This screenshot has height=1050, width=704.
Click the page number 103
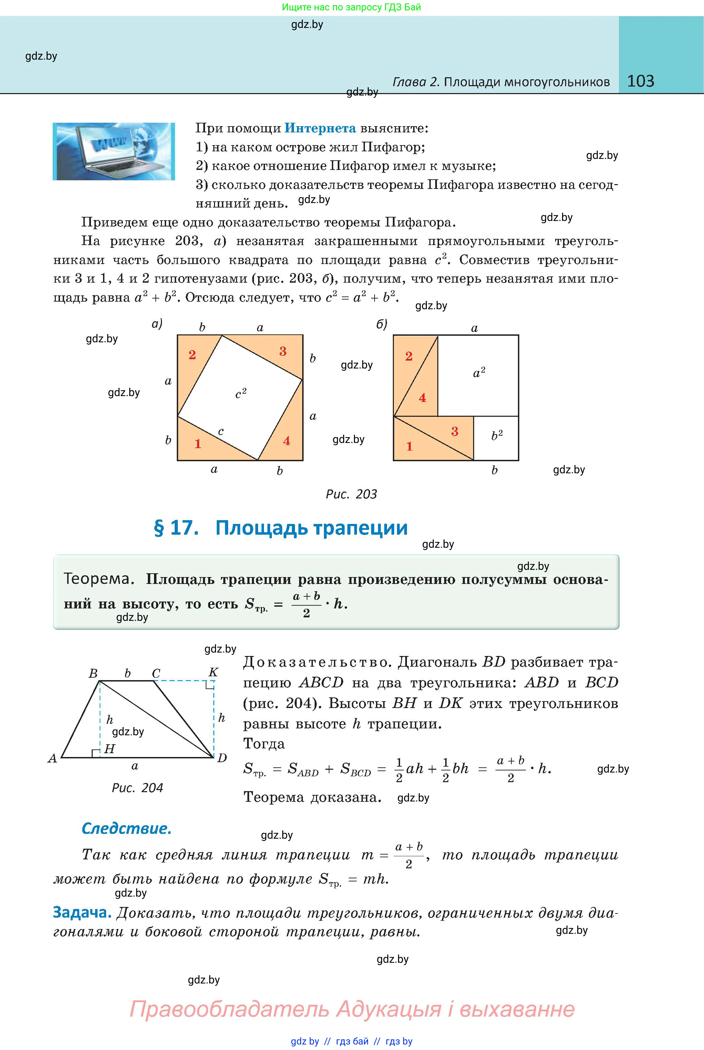coord(640,81)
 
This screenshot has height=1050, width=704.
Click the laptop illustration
coord(114,151)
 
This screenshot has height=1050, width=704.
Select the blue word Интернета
coord(320,129)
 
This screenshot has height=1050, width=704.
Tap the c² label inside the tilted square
coord(241,393)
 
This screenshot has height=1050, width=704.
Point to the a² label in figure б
coord(479,373)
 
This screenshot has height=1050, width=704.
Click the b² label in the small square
coord(497,435)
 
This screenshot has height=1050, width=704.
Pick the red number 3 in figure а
coord(283,351)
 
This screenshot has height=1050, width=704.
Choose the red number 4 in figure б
coord(422,398)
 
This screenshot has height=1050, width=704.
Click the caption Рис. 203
coord(351,494)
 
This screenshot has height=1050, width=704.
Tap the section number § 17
coord(176,528)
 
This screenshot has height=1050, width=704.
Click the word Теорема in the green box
coord(99,578)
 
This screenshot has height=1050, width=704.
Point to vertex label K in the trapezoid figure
coord(213,672)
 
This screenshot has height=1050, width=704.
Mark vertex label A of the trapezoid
coord(52,758)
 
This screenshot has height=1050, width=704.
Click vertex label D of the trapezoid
coord(222,758)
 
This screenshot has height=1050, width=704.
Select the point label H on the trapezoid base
coord(110,749)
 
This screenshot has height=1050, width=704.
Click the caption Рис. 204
coord(137,788)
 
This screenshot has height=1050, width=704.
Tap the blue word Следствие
coord(126,828)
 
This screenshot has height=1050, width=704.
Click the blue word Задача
coord(82,912)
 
